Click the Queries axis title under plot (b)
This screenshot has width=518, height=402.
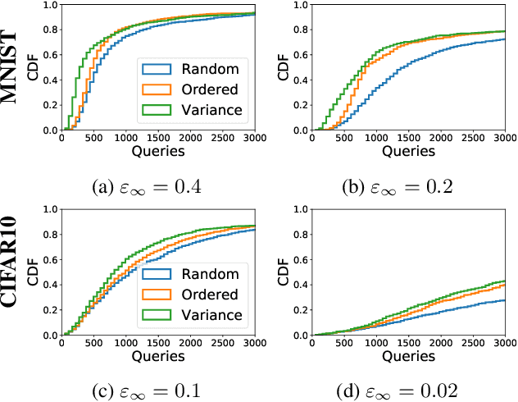(x=407, y=151)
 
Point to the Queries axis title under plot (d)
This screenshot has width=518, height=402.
(x=407, y=356)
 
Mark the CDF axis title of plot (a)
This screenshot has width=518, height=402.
(x=33, y=66)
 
